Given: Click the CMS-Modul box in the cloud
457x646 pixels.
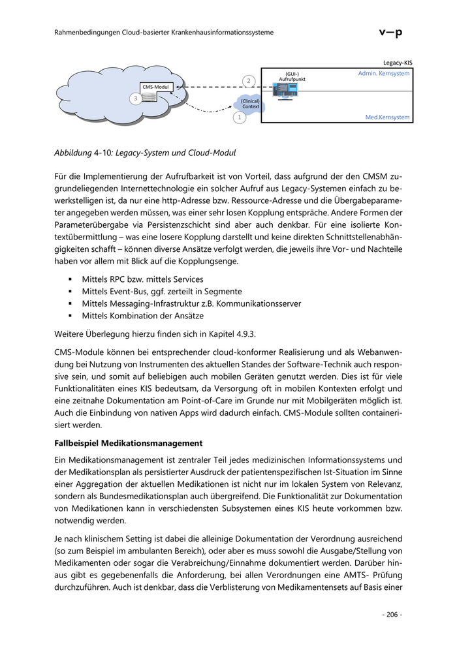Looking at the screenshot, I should click(157, 87).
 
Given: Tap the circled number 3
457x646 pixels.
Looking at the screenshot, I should click(135, 99).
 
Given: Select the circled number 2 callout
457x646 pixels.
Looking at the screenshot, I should click(248, 80).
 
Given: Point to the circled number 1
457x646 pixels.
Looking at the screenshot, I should click(239, 117).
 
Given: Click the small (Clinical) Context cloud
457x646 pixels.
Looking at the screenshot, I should click(250, 104).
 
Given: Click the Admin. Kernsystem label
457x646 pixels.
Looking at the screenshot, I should click(384, 74).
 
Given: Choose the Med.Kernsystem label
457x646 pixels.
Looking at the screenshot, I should click(388, 117).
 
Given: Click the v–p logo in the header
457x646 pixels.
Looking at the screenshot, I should click(390, 32).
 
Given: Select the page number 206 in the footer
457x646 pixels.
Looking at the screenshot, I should click(392, 615).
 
